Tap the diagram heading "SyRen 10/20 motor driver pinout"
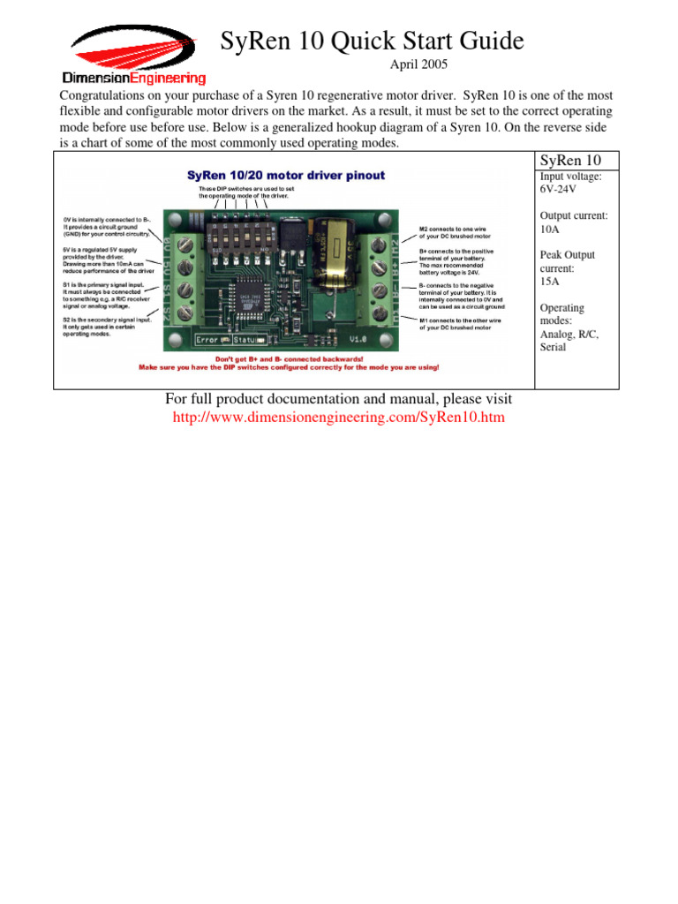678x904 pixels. pyautogui.click(x=286, y=175)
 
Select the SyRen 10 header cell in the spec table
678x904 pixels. pyautogui.click(x=569, y=161)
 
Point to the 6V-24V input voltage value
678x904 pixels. pyautogui.click(x=560, y=190)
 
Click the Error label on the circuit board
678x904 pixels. pyautogui.click(x=207, y=339)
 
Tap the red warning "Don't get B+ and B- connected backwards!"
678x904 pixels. pyautogui.click(x=289, y=359)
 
